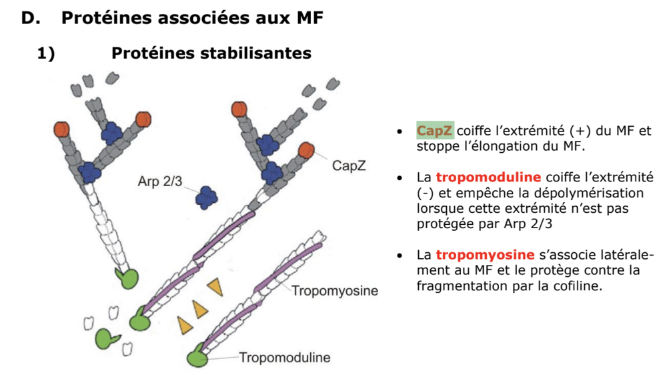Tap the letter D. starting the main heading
click(31, 19)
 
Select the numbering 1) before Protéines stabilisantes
click(45, 53)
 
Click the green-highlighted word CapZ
click(435, 131)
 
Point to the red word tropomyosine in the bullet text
click(485, 255)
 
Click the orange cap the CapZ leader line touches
click(307, 150)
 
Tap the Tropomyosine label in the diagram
click(334, 291)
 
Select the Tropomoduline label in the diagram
click(285, 358)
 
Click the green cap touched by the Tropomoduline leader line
click(197, 358)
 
